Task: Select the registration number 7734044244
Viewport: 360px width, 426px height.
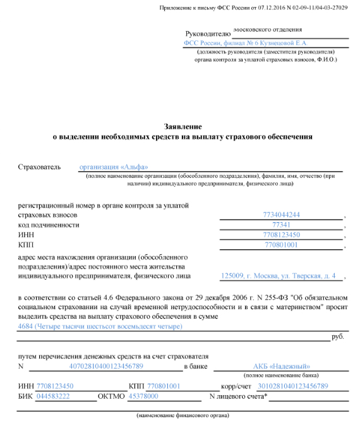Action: (x=281, y=215)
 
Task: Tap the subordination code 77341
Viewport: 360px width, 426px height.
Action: (x=281, y=225)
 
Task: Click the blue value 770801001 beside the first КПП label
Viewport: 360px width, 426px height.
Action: (x=281, y=245)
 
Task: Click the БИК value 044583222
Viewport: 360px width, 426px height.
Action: (x=53, y=396)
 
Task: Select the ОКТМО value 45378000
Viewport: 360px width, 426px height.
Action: (x=143, y=396)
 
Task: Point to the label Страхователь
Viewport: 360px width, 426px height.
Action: (x=39, y=167)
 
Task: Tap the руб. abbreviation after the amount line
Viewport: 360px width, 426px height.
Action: (x=338, y=337)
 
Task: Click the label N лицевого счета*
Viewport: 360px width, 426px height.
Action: (x=239, y=396)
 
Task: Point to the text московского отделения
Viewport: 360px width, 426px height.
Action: (x=268, y=29)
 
